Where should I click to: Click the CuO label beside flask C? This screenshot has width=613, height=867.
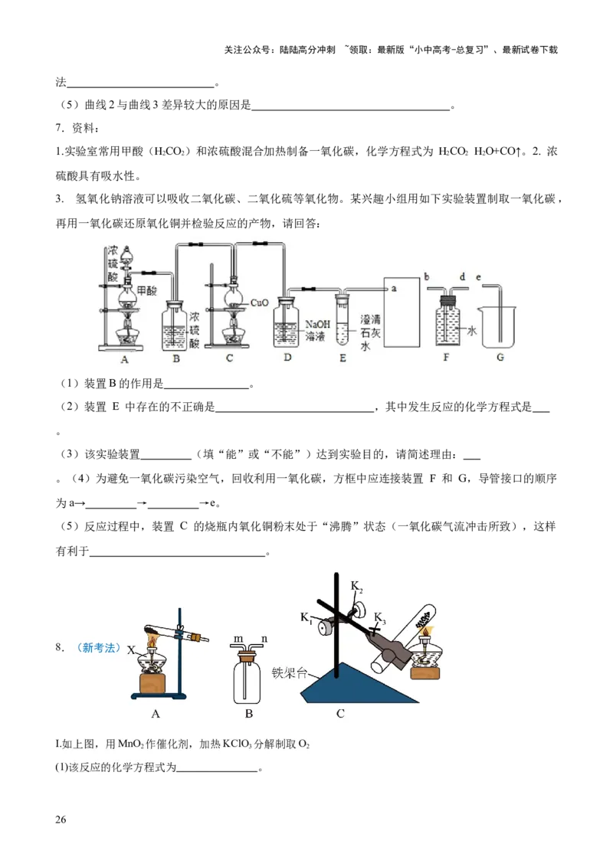pyautogui.click(x=259, y=303)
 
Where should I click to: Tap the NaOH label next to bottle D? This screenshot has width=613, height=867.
pyautogui.click(x=317, y=325)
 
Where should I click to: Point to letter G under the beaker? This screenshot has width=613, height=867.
pyautogui.click(x=500, y=357)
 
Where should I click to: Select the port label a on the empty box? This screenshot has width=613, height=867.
pyautogui.click(x=394, y=288)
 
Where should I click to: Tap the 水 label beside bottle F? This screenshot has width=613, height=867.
pyautogui.click(x=471, y=331)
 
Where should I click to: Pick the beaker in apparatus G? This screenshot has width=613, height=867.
pyautogui.click(x=499, y=327)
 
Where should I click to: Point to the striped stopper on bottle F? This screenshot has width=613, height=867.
pyautogui.click(x=446, y=301)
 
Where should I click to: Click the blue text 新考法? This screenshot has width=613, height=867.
pyautogui.click(x=99, y=647)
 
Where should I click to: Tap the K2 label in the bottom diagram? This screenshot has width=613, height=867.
pyautogui.click(x=357, y=586)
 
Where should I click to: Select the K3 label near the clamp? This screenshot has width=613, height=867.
pyautogui.click(x=379, y=617)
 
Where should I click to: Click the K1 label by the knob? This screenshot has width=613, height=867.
pyautogui.click(x=306, y=617)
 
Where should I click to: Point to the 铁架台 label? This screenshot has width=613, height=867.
pyautogui.click(x=290, y=672)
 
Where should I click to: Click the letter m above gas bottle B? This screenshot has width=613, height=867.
pyautogui.click(x=238, y=640)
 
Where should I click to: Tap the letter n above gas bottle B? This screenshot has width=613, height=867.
pyautogui.click(x=264, y=640)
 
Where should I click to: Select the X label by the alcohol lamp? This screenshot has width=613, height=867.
pyautogui.click(x=131, y=650)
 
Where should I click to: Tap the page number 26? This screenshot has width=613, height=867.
pyautogui.click(x=61, y=820)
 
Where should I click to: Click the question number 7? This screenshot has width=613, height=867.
pyautogui.click(x=60, y=128)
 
